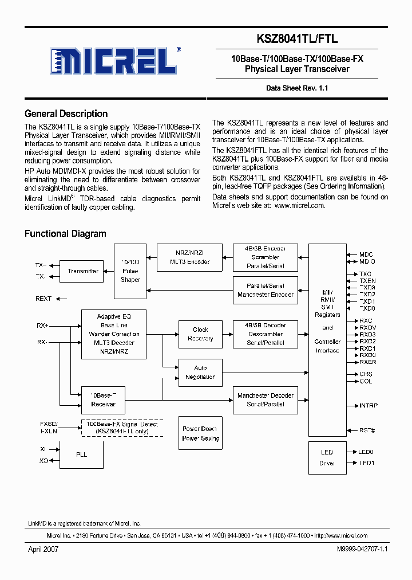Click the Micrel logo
(x=114, y=60)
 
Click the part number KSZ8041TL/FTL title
(x=306, y=39)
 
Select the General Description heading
(x=66, y=113)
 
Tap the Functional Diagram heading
(x=65, y=233)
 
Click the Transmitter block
(x=83, y=271)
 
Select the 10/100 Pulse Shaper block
(x=130, y=271)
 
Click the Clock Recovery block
(x=200, y=334)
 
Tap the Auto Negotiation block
(x=200, y=373)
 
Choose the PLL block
(x=82, y=454)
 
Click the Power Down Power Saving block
(x=200, y=433)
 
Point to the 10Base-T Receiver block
(x=103, y=399)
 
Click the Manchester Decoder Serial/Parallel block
(x=266, y=399)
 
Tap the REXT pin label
(x=43, y=299)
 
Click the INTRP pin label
(x=368, y=406)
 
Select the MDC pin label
(x=366, y=254)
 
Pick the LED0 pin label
(x=366, y=452)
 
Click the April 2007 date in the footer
(x=43, y=549)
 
